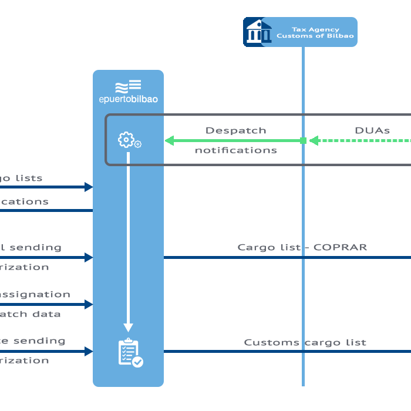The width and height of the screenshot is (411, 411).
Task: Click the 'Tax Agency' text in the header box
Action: coord(315,29)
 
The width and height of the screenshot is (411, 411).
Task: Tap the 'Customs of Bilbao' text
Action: coord(315,36)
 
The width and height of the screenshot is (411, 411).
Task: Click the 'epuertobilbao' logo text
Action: coord(128,99)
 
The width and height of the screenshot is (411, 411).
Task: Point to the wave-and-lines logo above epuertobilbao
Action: coord(128,86)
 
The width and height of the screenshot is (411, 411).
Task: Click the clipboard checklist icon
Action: coord(130,353)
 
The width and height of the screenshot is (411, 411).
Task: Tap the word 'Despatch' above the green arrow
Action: coord(235,130)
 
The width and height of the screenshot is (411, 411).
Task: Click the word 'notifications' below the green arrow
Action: coord(235,150)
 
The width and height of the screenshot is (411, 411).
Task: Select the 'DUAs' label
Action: coord(372,130)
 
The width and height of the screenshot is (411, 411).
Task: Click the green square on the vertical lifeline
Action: coord(303,140)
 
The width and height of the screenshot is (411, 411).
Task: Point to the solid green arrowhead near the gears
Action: coord(170,140)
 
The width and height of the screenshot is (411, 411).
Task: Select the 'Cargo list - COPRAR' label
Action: coord(302,247)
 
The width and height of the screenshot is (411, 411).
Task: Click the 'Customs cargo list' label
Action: coord(305,342)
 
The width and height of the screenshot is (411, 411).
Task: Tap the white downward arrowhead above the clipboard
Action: coord(129,328)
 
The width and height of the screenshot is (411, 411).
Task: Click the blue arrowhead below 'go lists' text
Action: coord(89,187)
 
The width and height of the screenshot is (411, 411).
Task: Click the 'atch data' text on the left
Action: coord(29,314)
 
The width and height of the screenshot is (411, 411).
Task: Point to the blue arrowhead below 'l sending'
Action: coord(89,257)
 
